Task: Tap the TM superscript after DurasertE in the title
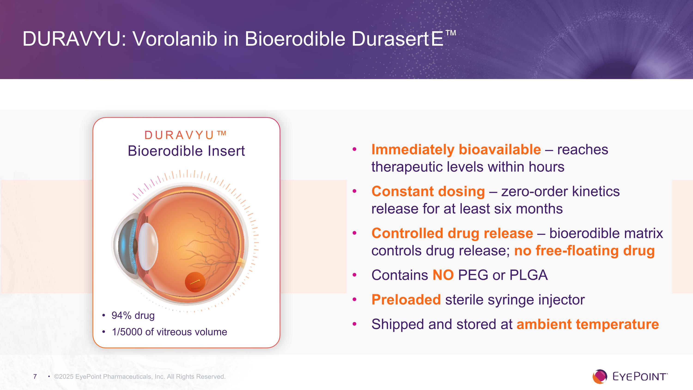[x=451, y=33]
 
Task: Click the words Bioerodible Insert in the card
[x=186, y=151]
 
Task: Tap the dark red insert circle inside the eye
[x=195, y=282]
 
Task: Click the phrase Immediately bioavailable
[x=456, y=149]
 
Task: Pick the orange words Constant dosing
[x=428, y=191]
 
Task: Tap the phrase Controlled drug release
[x=452, y=233]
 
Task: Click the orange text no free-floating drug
[x=584, y=251]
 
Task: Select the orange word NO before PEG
[x=443, y=275]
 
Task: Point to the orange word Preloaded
[x=406, y=300]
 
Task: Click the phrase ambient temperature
[x=587, y=324]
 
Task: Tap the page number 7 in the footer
[x=35, y=376]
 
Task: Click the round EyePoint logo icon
[x=600, y=377]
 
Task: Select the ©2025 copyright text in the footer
[x=140, y=377]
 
